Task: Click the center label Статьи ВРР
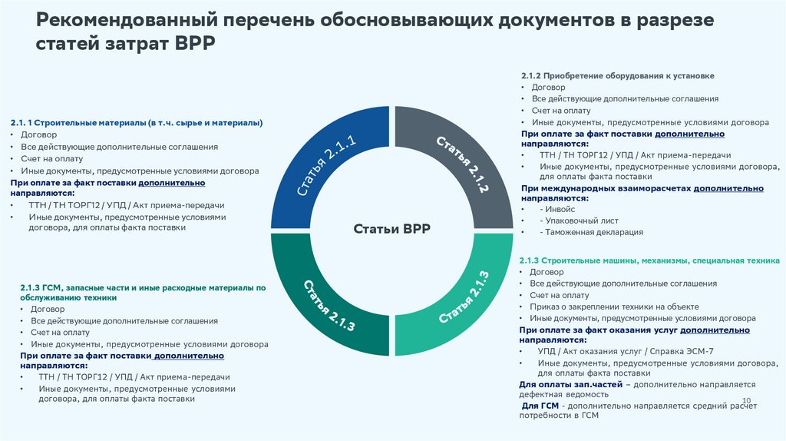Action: pos(391,229)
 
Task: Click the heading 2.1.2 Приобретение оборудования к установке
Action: pos(617,76)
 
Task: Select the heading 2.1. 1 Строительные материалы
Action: pos(137,122)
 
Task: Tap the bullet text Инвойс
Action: pos(557,209)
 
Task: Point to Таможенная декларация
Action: pos(592,232)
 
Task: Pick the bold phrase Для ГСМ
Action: pos(540,405)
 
